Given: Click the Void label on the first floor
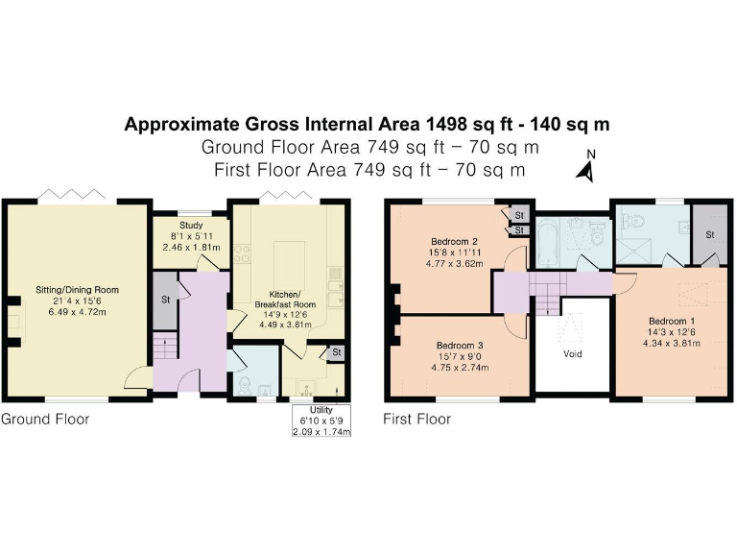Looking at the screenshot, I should (572, 352).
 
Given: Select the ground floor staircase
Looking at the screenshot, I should (165, 347).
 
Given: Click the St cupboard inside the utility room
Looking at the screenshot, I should (337, 353).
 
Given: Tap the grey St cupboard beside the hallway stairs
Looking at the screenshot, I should (165, 299).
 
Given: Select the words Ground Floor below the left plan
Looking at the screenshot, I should (45, 420).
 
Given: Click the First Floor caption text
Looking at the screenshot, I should (416, 420).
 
